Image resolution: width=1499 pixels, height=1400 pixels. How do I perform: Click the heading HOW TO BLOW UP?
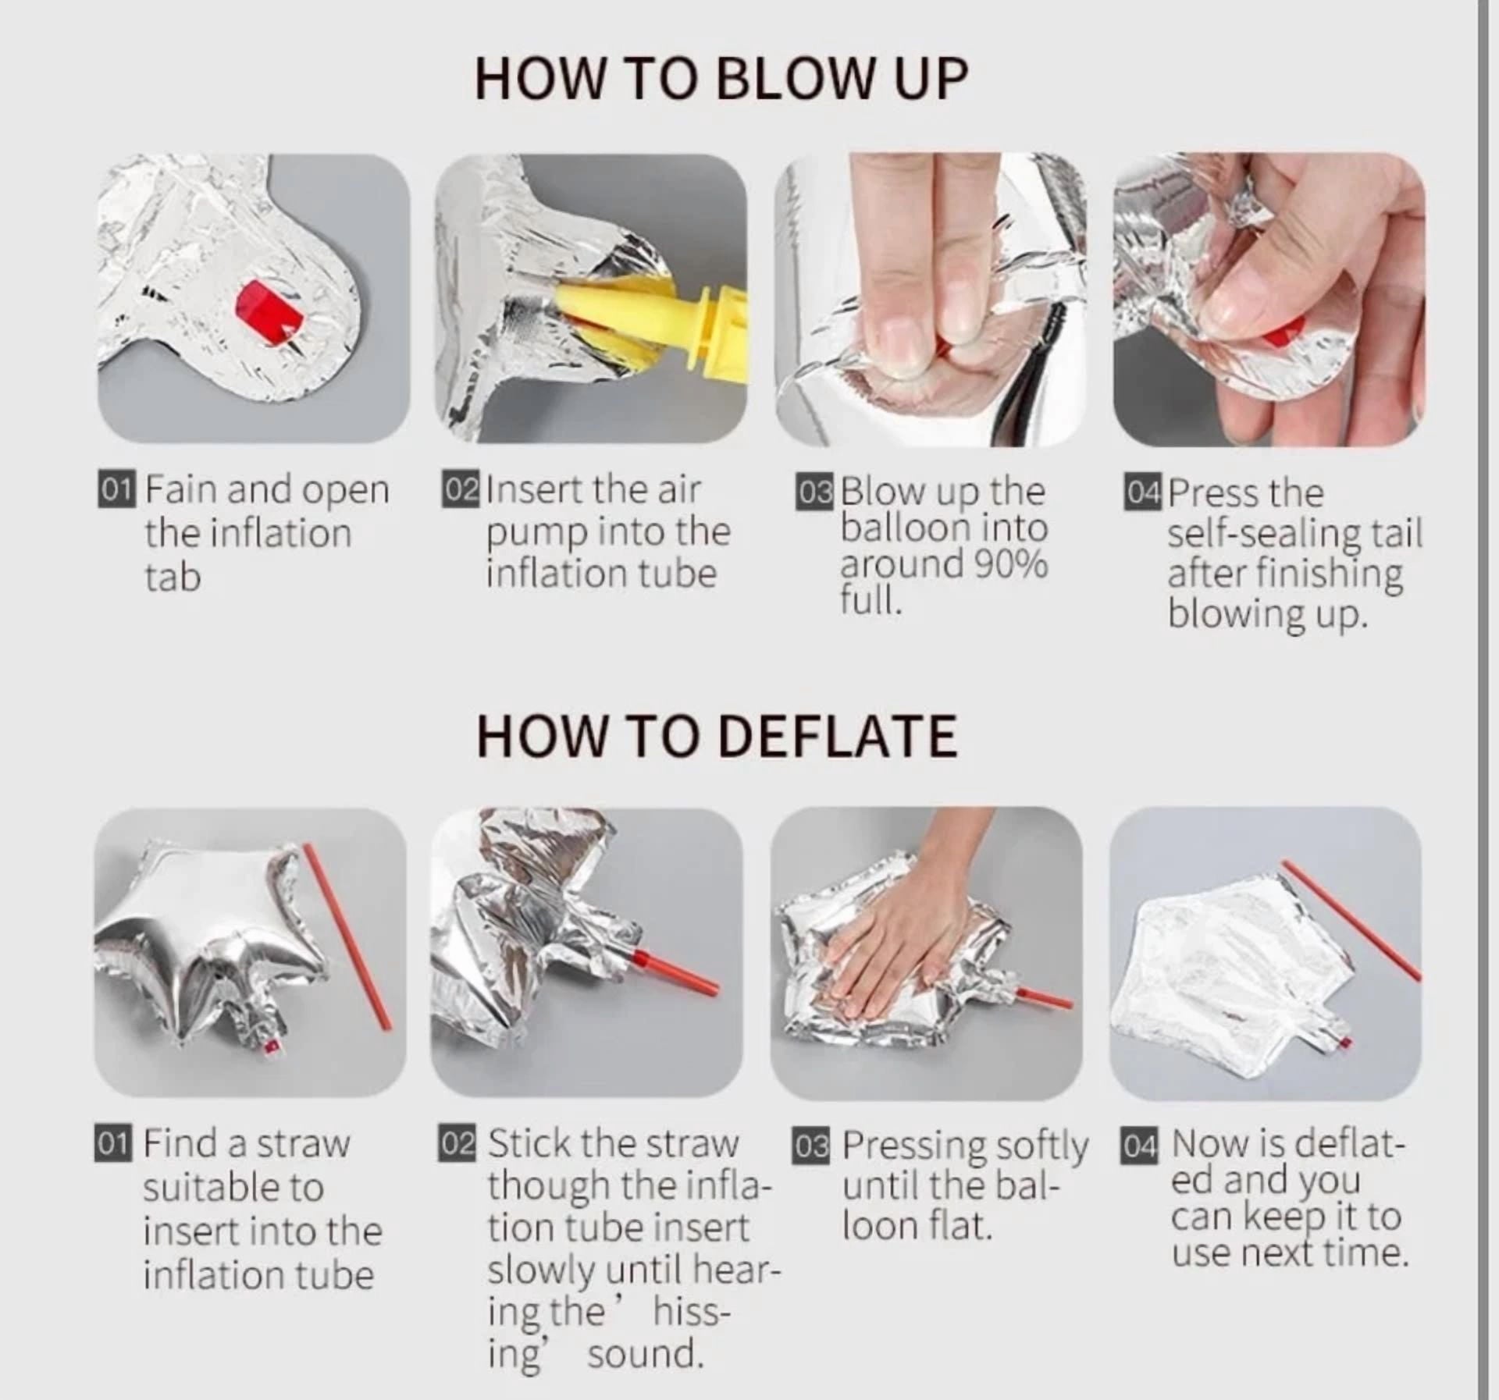tap(721, 78)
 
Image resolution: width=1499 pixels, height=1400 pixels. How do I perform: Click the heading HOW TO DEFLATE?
tap(717, 736)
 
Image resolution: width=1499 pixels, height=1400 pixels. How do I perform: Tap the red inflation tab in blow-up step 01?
tap(269, 314)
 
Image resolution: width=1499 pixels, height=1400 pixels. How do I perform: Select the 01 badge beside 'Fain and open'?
tap(117, 489)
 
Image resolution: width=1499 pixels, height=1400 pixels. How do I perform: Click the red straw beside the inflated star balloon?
tap(347, 936)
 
